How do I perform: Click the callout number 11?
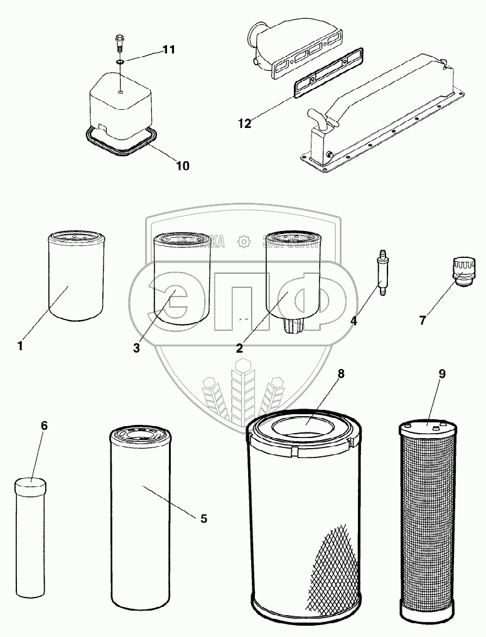[x=168, y=50]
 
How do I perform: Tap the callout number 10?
[x=182, y=166]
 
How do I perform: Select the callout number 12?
[x=244, y=124]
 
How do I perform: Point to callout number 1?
[x=20, y=345]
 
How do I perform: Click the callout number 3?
[x=136, y=349]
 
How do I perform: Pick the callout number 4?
[x=354, y=321]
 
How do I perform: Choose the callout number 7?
[x=423, y=321]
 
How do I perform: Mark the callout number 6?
[x=44, y=426]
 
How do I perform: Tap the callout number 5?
[x=203, y=518]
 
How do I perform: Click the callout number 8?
[x=341, y=374]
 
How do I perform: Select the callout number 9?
[x=442, y=374]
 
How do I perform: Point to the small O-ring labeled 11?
[x=121, y=62]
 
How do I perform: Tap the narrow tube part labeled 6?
[x=30, y=540]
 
